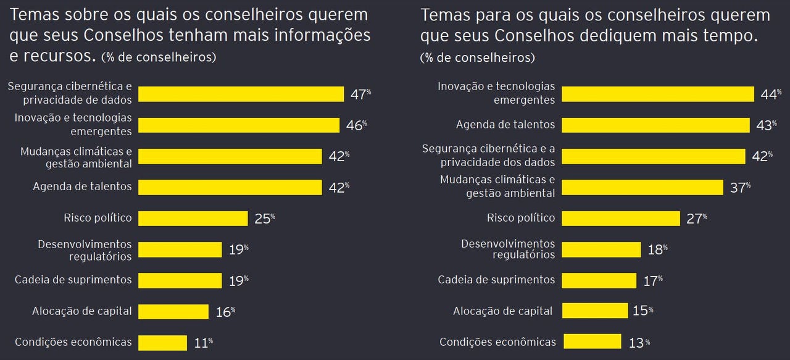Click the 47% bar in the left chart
click(x=241, y=94)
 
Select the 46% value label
click(x=355, y=125)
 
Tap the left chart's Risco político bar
click(x=193, y=218)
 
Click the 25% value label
click(x=264, y=218)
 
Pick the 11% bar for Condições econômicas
click(x=162, y=342)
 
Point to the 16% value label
click(x=225, y=312)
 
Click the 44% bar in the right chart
click(x=658, y=94)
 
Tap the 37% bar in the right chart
click(x=642, y=187)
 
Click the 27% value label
click(x=696, y=218)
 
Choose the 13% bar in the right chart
click(x=592, y=341)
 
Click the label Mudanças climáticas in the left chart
click(x=76, y=151)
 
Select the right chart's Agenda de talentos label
click(x=505, y=125)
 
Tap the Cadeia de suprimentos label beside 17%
click(x=496, y=280)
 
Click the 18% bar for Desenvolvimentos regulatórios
click(x=601, y=249)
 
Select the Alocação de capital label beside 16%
click(x=82, y=311)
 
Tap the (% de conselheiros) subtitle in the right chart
click(x=477, y=58)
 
